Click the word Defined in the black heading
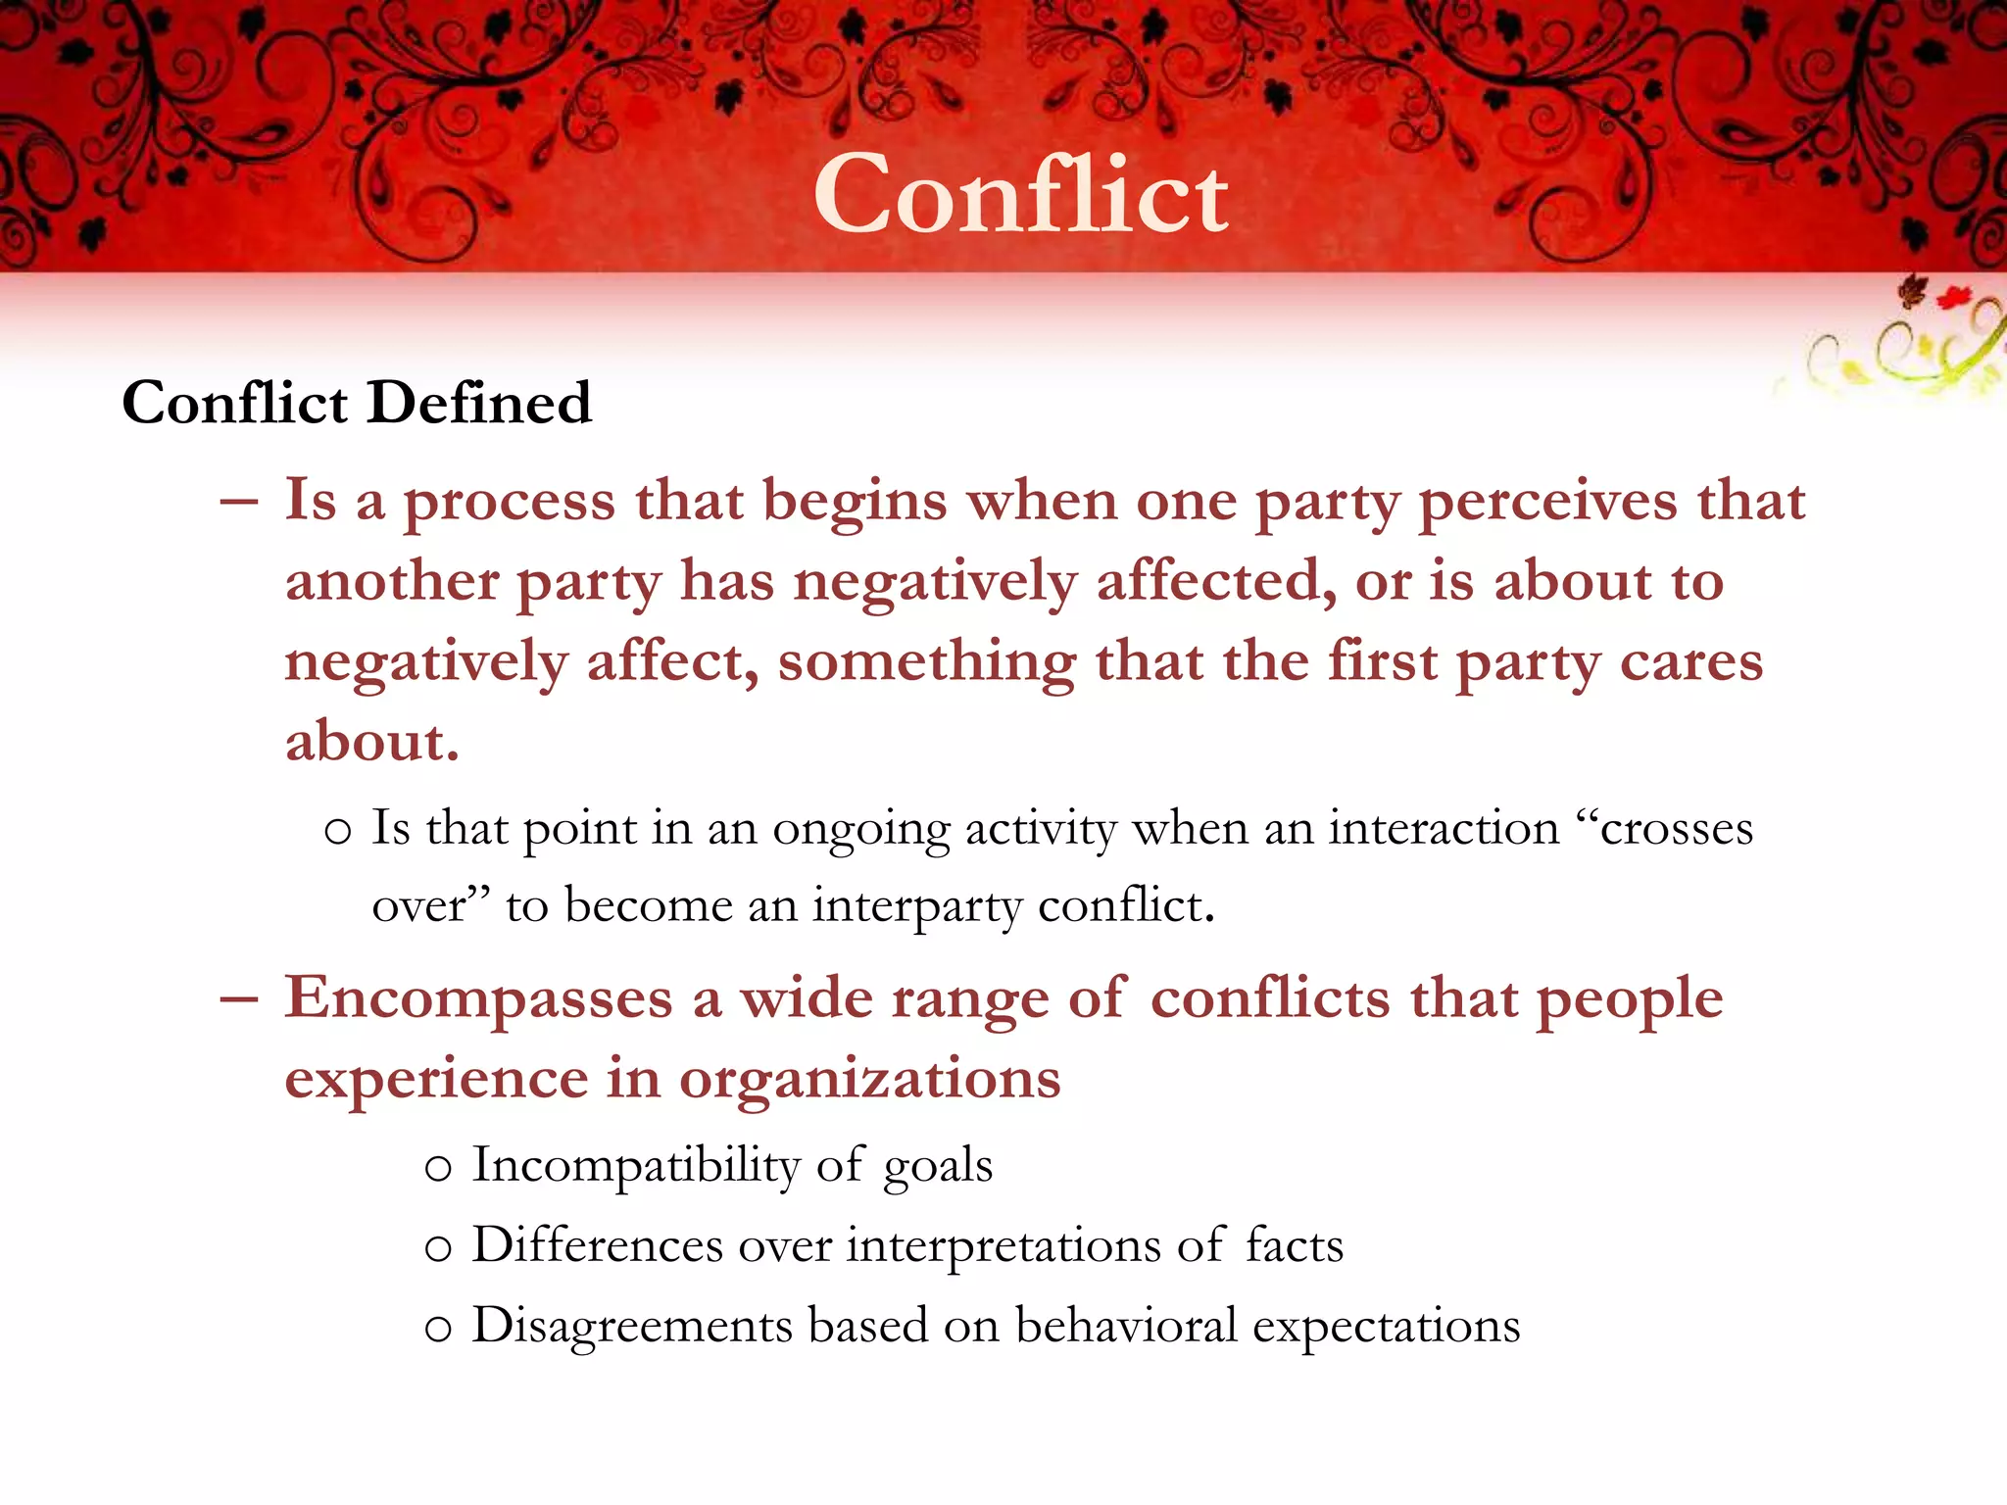tap(479, 403)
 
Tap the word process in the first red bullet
tap(510, 502)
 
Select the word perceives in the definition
tap(1547, 502)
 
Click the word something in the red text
tap(926, 661)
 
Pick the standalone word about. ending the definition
tap(371, 742)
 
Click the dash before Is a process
tap(239, 502)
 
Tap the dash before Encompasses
tap(239, 998)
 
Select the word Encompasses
tap(478, 999)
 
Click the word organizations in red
tap(869, 1080)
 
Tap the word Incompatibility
tap(635, 1166)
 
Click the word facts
tap(1294, 1246)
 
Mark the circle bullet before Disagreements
tap(438, 1330)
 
